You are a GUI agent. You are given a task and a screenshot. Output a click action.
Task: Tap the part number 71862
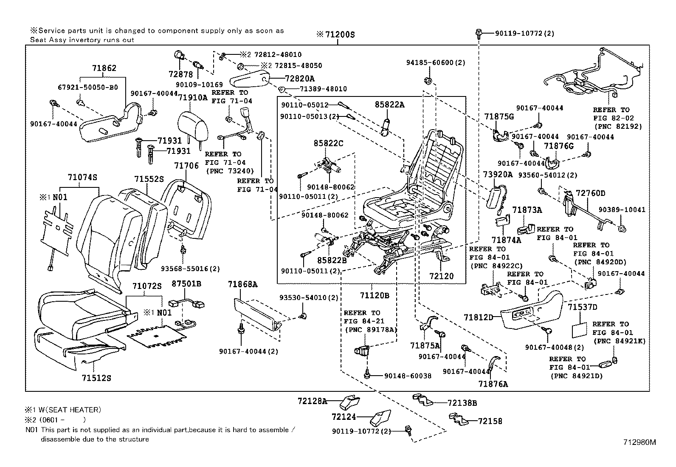point(104,68)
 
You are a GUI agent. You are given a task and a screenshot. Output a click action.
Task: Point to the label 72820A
point(300,79)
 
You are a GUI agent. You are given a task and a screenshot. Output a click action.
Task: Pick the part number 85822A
point(389,105)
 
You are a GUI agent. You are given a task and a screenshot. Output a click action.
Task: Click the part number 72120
point(441,276)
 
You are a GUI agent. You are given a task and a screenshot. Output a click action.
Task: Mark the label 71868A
point(242,284)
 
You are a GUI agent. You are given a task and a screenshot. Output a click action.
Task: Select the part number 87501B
point(186,283)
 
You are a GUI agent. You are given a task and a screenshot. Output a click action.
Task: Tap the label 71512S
point(96,377)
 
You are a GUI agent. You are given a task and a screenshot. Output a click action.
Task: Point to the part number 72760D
point(590,193)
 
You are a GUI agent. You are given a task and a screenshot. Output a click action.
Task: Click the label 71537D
point(583,307)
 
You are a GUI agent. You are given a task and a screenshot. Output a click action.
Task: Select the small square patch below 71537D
point(578,329)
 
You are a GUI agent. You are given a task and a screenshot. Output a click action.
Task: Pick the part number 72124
point(344,417)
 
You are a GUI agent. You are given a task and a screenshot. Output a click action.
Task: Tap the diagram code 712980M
point(639,442)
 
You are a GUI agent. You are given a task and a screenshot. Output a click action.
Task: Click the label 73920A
point(498,174)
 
